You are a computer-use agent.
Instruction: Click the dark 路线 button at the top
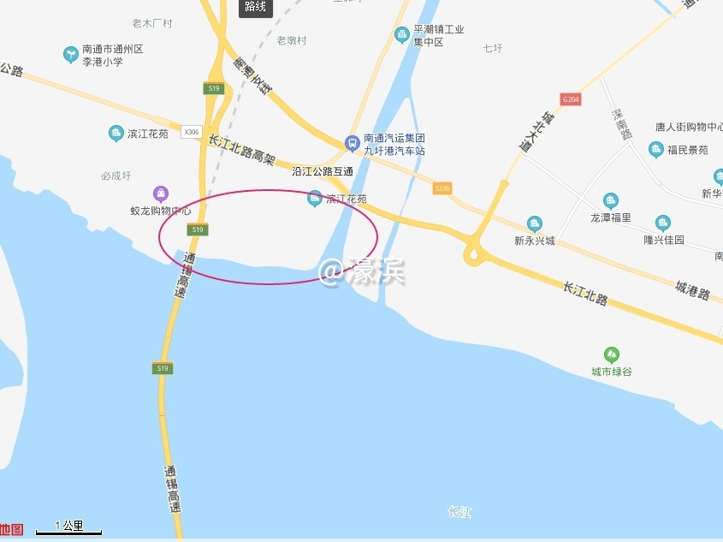pyautogui.click(x=254, y=7)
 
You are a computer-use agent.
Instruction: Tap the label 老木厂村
pyautogui.click(x=152, y=23)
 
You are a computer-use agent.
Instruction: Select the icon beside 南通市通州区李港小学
pyautogui.click(x=70, y=55)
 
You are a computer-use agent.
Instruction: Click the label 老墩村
pyautogui.click(x=292, y=40)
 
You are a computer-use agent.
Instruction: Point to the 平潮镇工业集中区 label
pyautogui.click(x=438, y=35)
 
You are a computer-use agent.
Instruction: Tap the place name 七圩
pyautogui.click(x=492, y=48)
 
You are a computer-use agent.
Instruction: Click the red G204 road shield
pyautogui.click(x=571, y=99)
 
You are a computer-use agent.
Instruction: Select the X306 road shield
pyautogui.click(x=192, y=132)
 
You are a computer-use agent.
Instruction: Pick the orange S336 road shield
pyautogui.click(x=442, y=188)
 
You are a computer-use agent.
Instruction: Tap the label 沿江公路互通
pyautogui.click(x=323, y=171)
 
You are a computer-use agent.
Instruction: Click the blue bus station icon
pyautogui.click(x=351, y=143)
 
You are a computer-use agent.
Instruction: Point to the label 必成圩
pyautogui.click(x=116, y=176)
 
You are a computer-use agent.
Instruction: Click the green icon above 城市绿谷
pyautogui.click(x=611, y=354)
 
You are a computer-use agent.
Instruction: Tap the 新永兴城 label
pyautogui.click(x=535, y=241)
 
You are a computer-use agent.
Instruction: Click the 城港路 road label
pyautogui.click(x=692, y=290)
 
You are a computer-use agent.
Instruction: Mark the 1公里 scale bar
pyautogui.click(x=68, y=531)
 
